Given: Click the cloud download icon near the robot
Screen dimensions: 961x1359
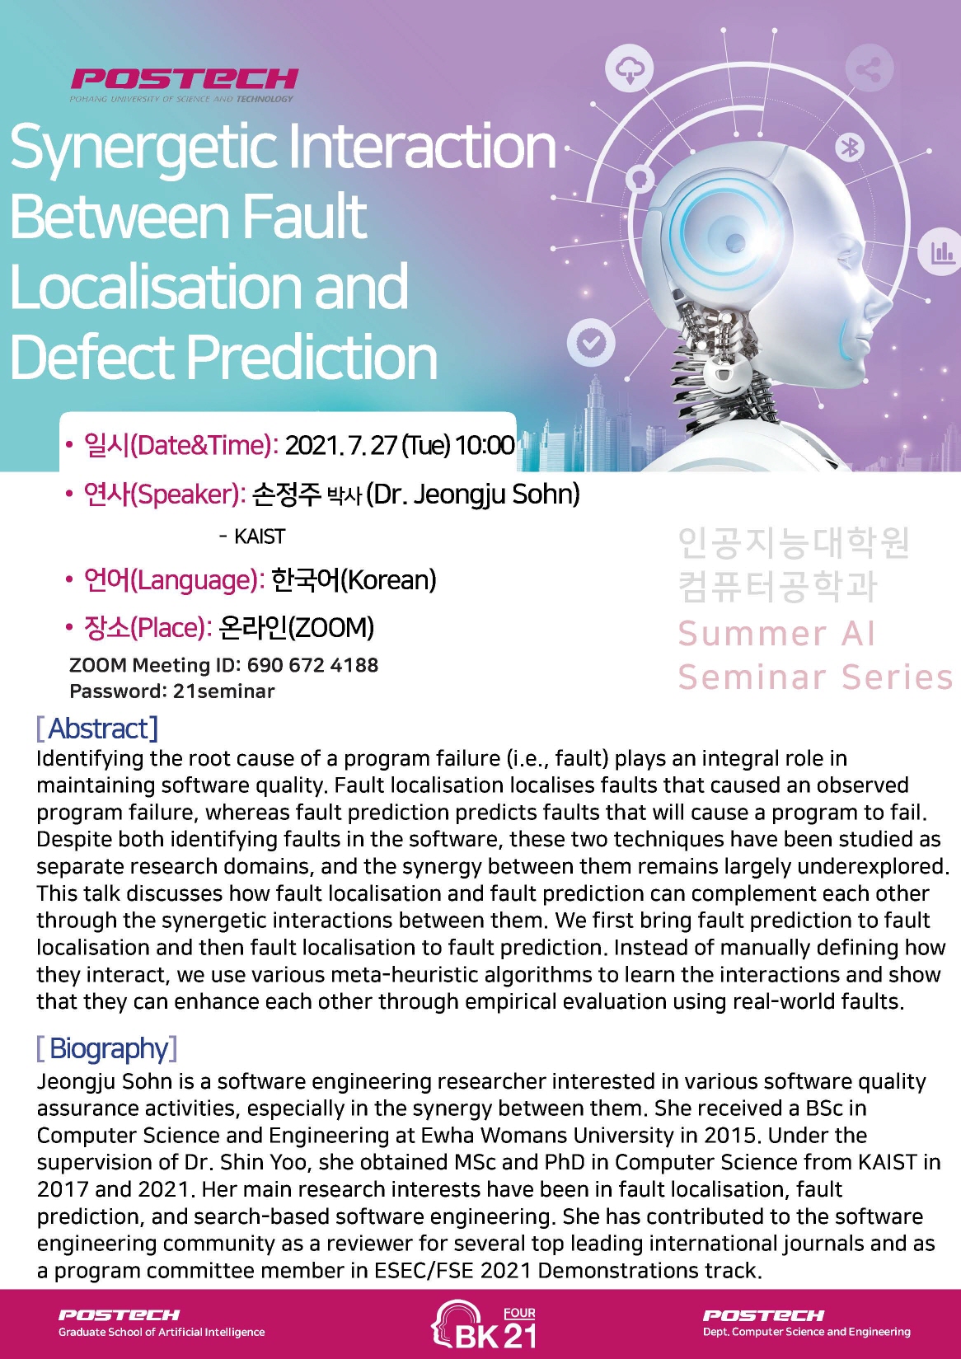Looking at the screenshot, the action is click(630, 69).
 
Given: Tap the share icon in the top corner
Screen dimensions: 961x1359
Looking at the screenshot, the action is click(870, 70).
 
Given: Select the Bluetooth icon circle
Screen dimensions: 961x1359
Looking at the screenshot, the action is click(850, 148).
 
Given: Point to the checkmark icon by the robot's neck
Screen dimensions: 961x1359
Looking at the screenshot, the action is click(591, 343).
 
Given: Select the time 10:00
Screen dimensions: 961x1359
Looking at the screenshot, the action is click(485, 446).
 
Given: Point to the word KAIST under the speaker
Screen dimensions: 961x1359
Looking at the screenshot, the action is click(260, 537).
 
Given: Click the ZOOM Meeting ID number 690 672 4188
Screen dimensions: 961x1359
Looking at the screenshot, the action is click(312, 665).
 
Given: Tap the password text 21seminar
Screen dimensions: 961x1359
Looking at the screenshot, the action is click(224, 691).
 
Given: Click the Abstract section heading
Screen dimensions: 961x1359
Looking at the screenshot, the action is click(98, 728).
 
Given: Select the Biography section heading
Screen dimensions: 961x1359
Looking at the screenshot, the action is click(107, 1048).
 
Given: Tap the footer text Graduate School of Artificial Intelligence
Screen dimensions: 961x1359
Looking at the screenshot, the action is click(162, 1333).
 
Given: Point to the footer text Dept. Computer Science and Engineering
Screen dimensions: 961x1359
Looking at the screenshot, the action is click(806, 1332).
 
